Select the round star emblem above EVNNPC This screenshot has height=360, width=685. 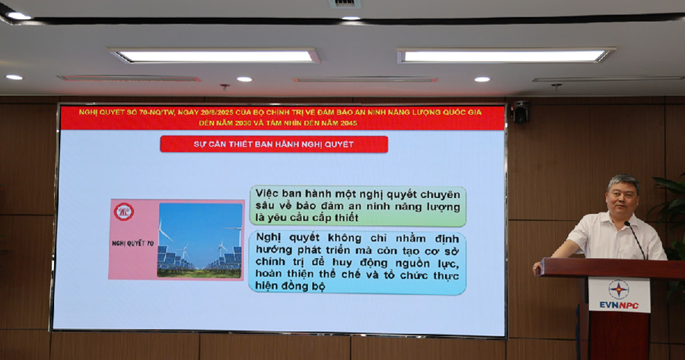(x=619, y=288)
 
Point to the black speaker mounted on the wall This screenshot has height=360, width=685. (x=520, y=112)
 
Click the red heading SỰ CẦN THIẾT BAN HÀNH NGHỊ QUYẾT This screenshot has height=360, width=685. (x=274, y=144)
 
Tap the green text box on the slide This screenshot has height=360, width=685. (x=358, y=205)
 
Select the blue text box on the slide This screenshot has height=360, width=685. (x=358, y=263)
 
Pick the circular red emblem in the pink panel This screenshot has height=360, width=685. (x=123, y=212)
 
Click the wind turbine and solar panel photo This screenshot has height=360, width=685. (x=199, y=240)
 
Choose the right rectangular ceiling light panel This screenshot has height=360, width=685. (x=506, y=56)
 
